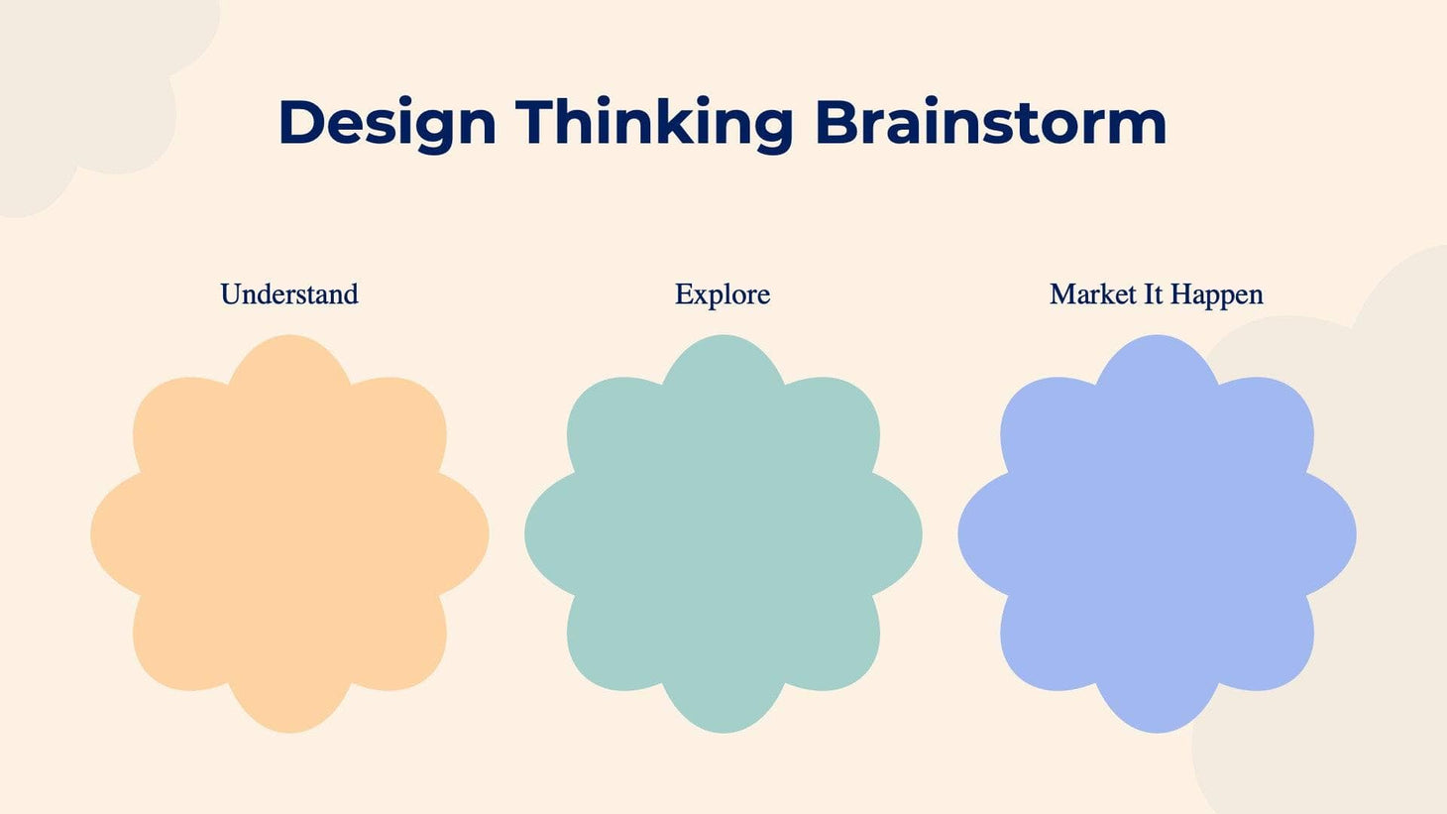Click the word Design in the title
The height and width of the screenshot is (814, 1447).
click(387, 123)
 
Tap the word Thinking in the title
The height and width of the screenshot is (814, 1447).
click(654, 123)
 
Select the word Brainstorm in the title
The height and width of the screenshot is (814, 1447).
click(989, 123)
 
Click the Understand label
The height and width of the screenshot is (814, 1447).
click(289, 294)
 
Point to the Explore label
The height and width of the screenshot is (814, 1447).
click(723, 294)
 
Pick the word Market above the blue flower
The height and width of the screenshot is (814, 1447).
click(1092, 294)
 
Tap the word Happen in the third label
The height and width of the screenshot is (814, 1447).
click(1216, 294)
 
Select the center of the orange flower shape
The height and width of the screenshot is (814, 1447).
click(289, 534)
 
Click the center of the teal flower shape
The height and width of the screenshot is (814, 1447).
click(723, 534)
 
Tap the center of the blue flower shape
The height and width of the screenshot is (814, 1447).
click(1157, 534)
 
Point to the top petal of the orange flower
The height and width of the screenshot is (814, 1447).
click(289, 372)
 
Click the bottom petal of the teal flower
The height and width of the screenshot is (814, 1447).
click(723, 699)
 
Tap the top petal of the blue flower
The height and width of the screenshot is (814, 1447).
click(1157, 372)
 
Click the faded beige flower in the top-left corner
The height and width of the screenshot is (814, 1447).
click(89, 89)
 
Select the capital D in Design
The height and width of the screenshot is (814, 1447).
click(301, 123)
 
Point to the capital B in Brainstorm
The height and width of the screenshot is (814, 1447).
click(835, 123)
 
